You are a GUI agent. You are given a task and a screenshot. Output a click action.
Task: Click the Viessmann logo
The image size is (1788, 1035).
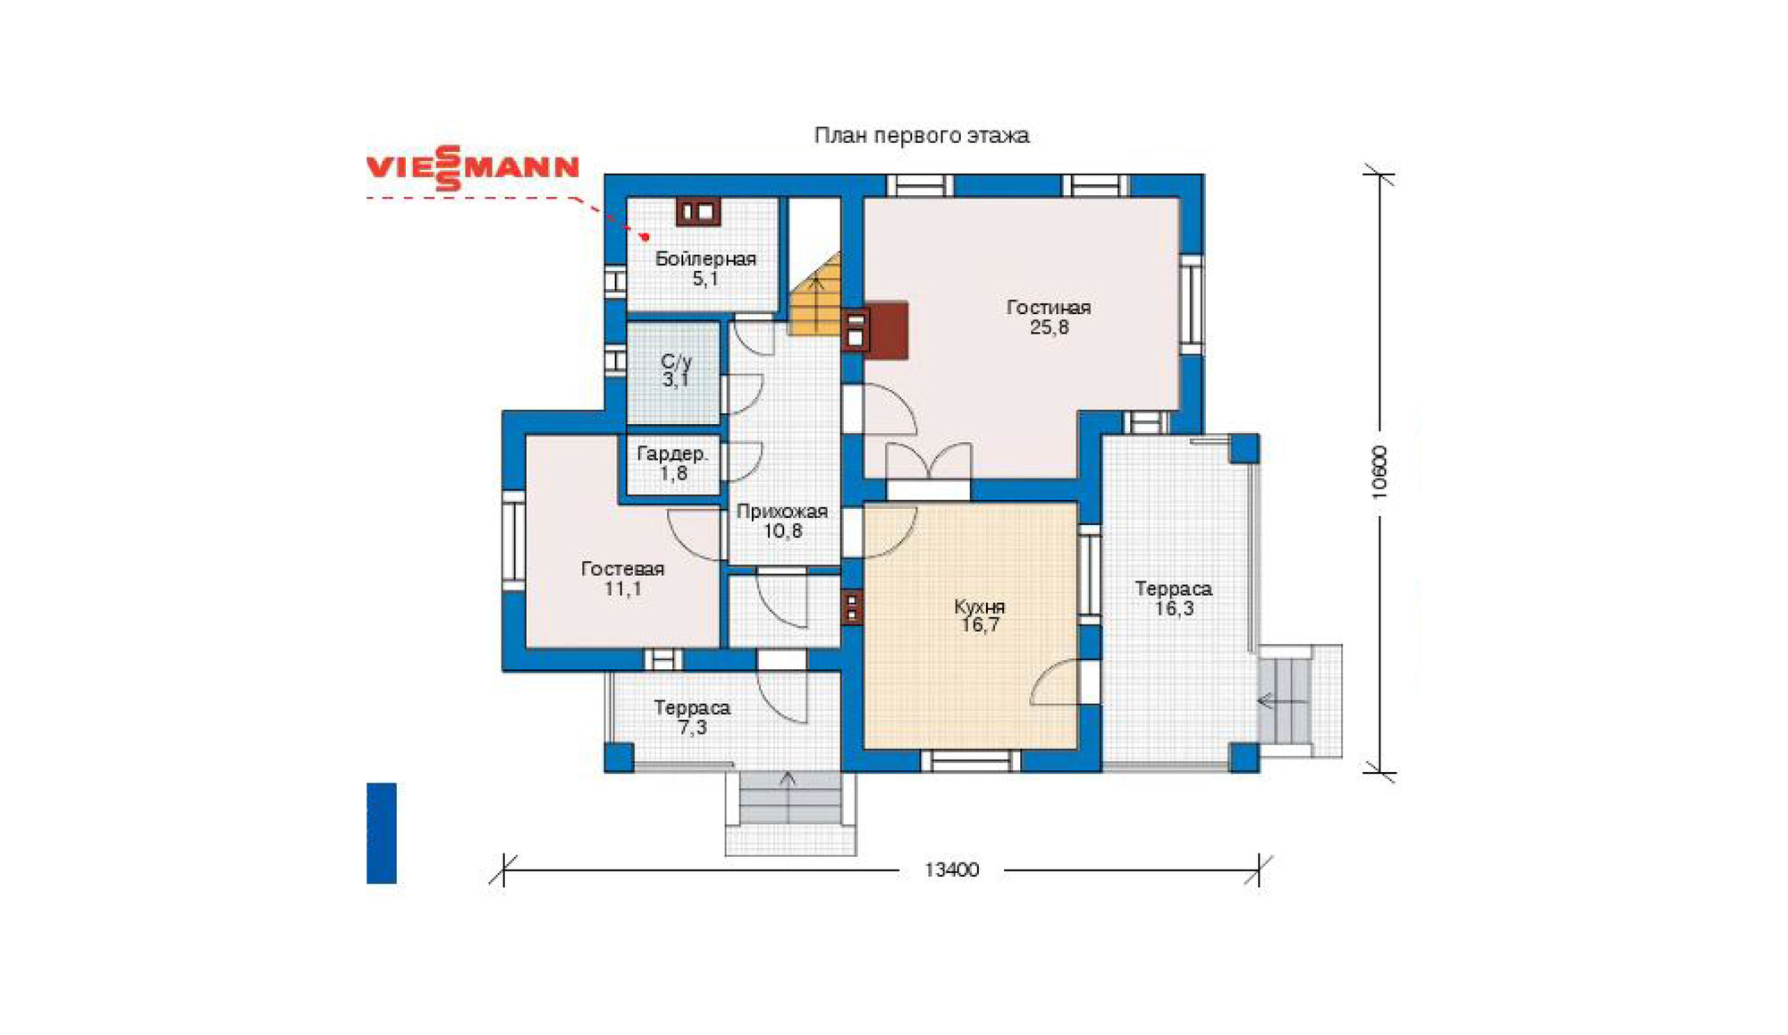tap(473, 168)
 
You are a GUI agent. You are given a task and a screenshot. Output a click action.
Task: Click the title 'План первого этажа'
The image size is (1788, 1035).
tap(921, 135)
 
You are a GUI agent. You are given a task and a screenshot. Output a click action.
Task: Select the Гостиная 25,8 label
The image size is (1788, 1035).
tap(1049, 317)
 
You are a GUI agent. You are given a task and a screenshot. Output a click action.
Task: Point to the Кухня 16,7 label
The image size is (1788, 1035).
tap(980, 615)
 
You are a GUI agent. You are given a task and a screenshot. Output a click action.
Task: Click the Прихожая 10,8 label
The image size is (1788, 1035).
tap(782, 521)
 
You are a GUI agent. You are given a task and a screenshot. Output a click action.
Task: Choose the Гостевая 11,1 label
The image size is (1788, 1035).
tap(622, 578)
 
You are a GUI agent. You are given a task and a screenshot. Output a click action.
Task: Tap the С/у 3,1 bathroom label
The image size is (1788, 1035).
tap(676, 370)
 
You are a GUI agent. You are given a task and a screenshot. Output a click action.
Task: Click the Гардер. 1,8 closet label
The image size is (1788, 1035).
tap(672, 463)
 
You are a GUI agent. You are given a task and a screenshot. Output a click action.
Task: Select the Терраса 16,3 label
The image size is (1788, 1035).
tap(1173, 598)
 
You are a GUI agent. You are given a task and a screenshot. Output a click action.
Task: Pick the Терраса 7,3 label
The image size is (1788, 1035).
tap(692, 717)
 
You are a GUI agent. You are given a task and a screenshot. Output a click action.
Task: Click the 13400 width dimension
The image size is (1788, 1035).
tap(951, 870)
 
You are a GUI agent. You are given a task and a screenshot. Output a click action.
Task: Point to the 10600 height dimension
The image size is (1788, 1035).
tap(1379, 471)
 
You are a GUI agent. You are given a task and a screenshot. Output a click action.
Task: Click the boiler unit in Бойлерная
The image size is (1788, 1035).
tap(698, 211)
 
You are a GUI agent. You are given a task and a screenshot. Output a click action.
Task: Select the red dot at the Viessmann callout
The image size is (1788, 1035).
tap(645, 237)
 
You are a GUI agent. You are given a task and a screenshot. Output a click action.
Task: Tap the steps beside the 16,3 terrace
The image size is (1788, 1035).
tap(1286, 701)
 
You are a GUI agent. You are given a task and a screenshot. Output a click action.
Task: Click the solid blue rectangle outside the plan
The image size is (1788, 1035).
tap(382, 833)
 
